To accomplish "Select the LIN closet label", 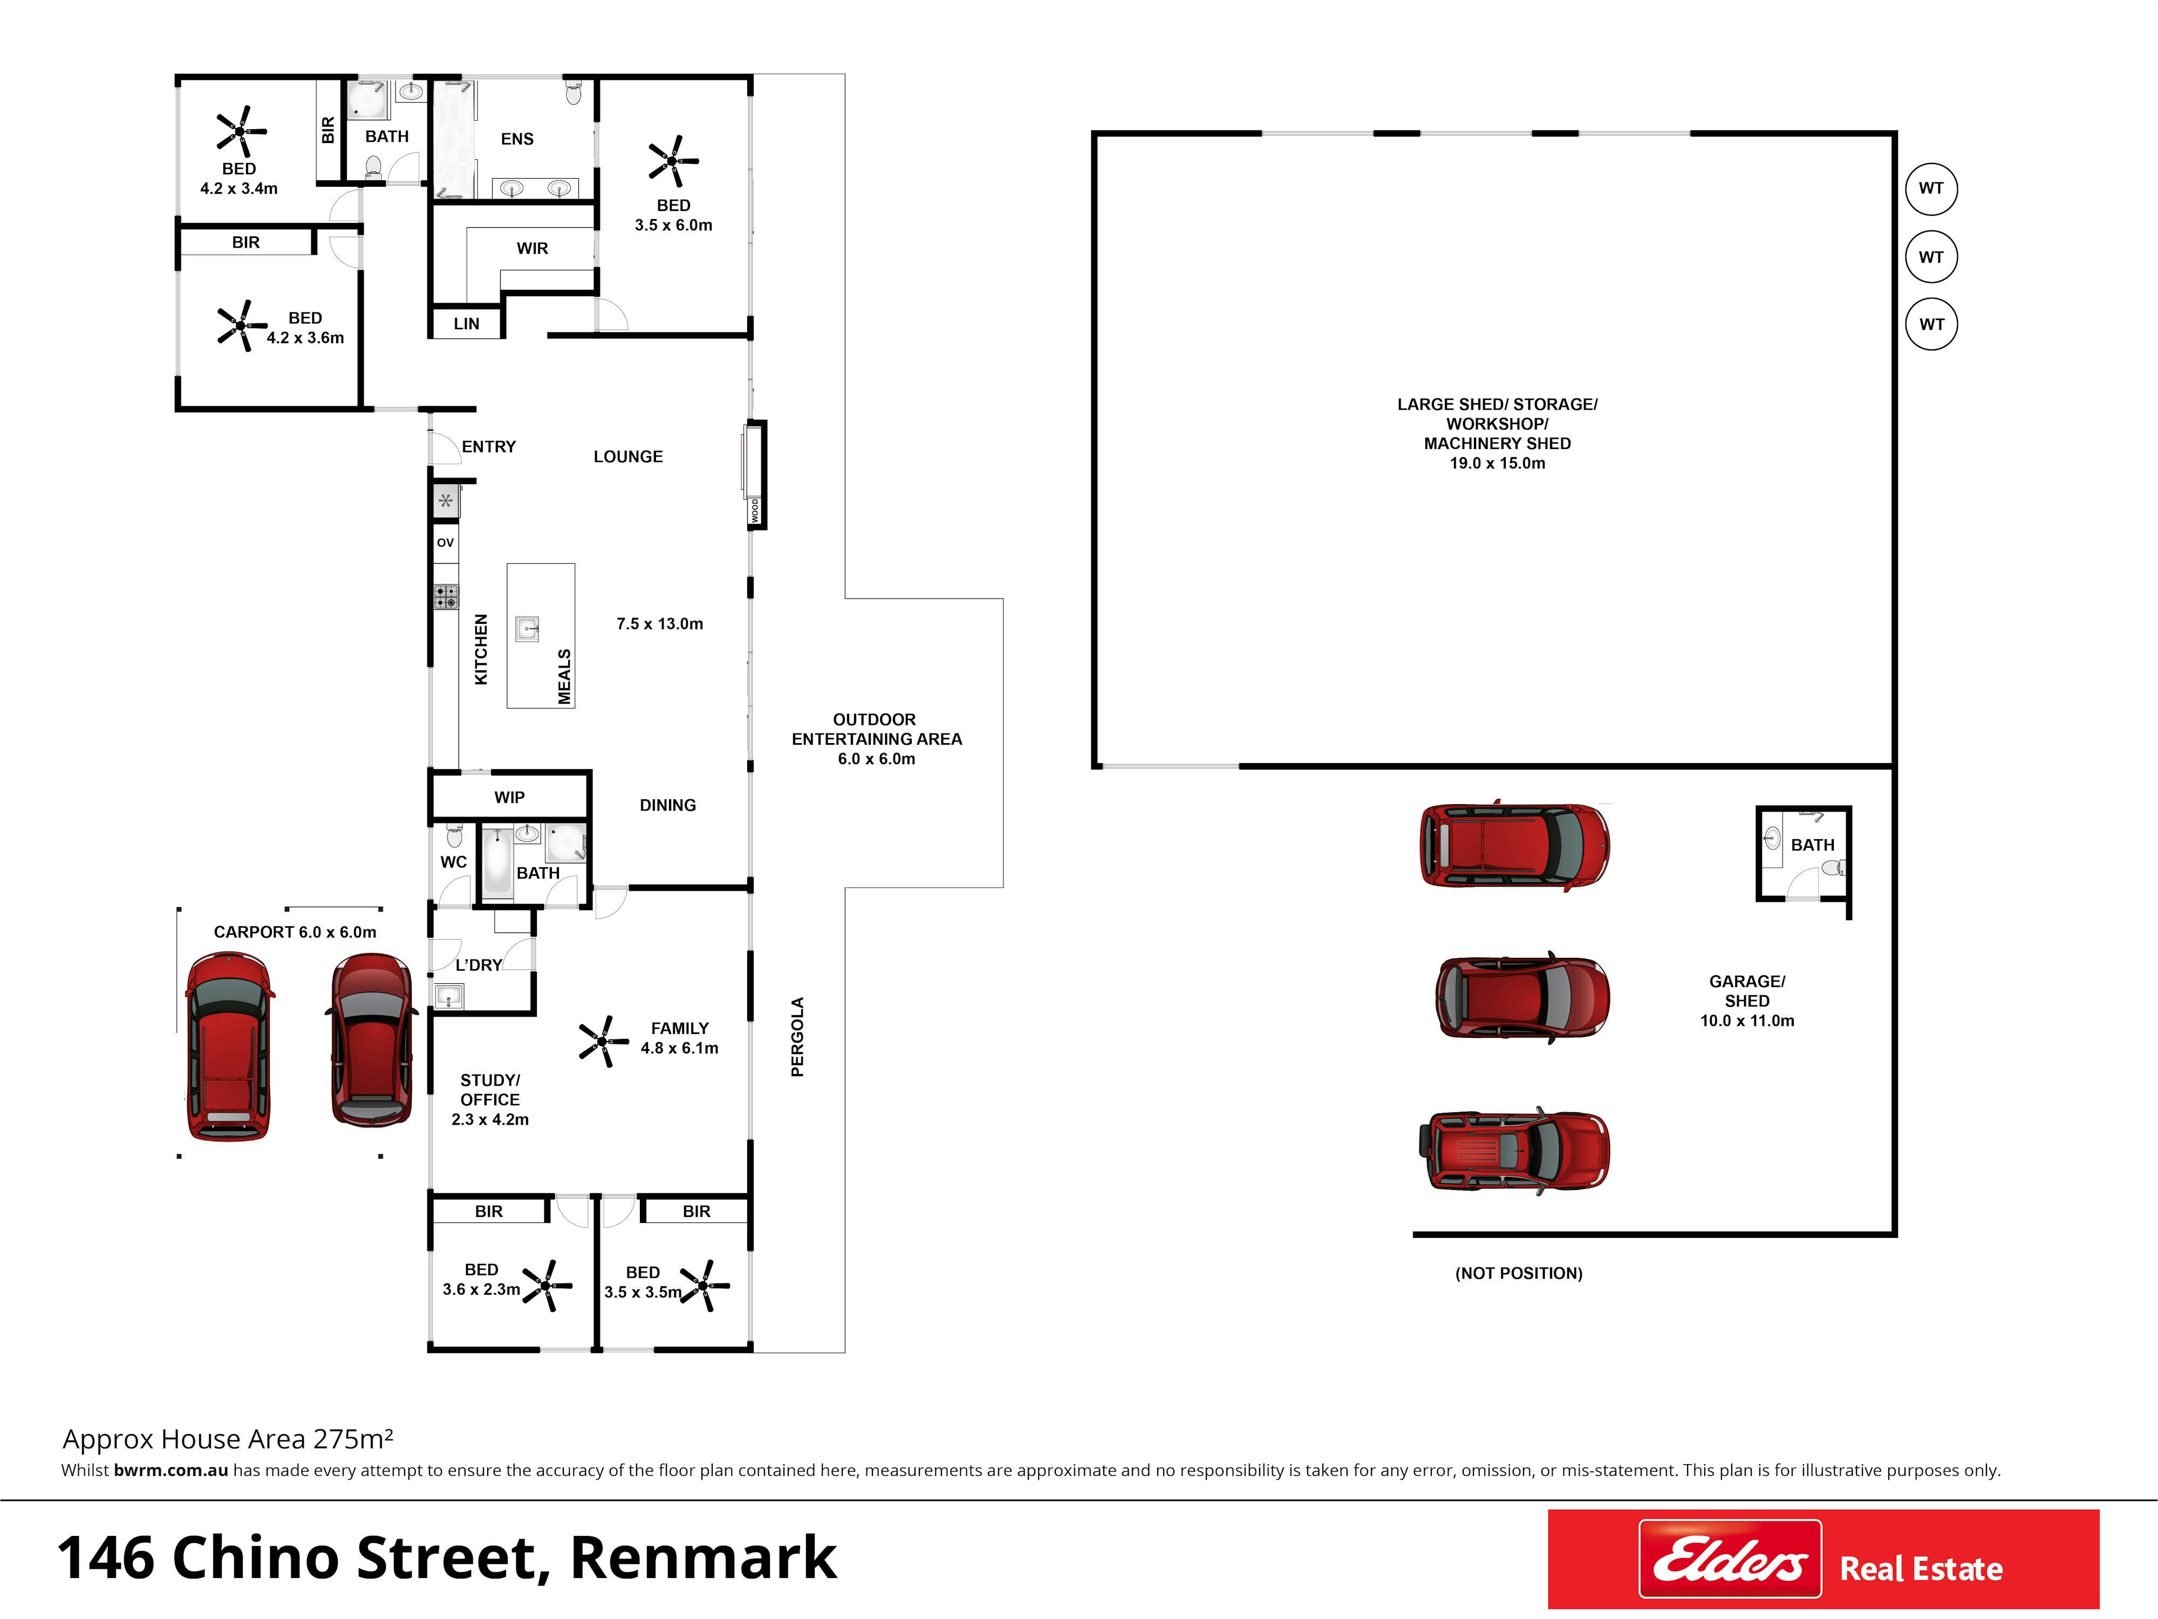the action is coord(466,324).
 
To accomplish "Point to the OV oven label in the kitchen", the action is coord(446,542).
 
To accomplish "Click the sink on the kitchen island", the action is coord(528,629).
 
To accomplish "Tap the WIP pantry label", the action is coord(509,797).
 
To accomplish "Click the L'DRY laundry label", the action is coord(479,965).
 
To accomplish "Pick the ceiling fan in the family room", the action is coord(604,1041).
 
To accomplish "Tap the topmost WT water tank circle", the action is coord(1931,188).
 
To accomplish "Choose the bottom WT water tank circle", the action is coord(1931,324).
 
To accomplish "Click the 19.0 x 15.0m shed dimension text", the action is coord(1498,464).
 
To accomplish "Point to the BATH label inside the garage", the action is coord(1813,845).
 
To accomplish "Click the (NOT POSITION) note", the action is coord(1519,1274).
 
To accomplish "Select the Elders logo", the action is coord(1730,1559).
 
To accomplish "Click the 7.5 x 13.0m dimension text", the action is coord(659,624).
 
